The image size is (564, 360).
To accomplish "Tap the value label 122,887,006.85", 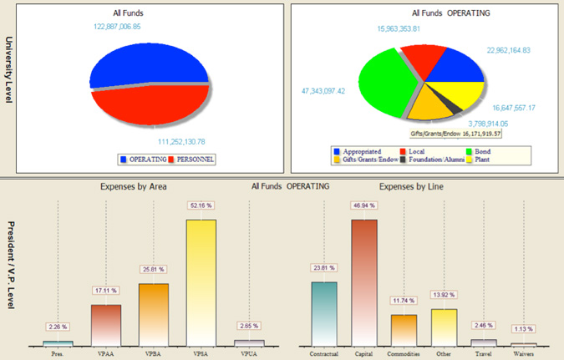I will click(x=129, y=27).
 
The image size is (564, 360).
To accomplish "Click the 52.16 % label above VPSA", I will click(x=201, y=205).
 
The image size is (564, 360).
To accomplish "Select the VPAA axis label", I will click(x=105, y=353).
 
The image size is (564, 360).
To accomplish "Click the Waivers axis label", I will click(x=523, y=353).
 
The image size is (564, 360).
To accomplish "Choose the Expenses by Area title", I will click(x=130, y=187).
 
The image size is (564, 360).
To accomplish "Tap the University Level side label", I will click(x=10, y=70).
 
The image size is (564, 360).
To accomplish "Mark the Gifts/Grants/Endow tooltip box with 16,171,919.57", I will click(x=455, y=133).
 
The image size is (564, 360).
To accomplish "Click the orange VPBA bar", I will click(x=154, y=314).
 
